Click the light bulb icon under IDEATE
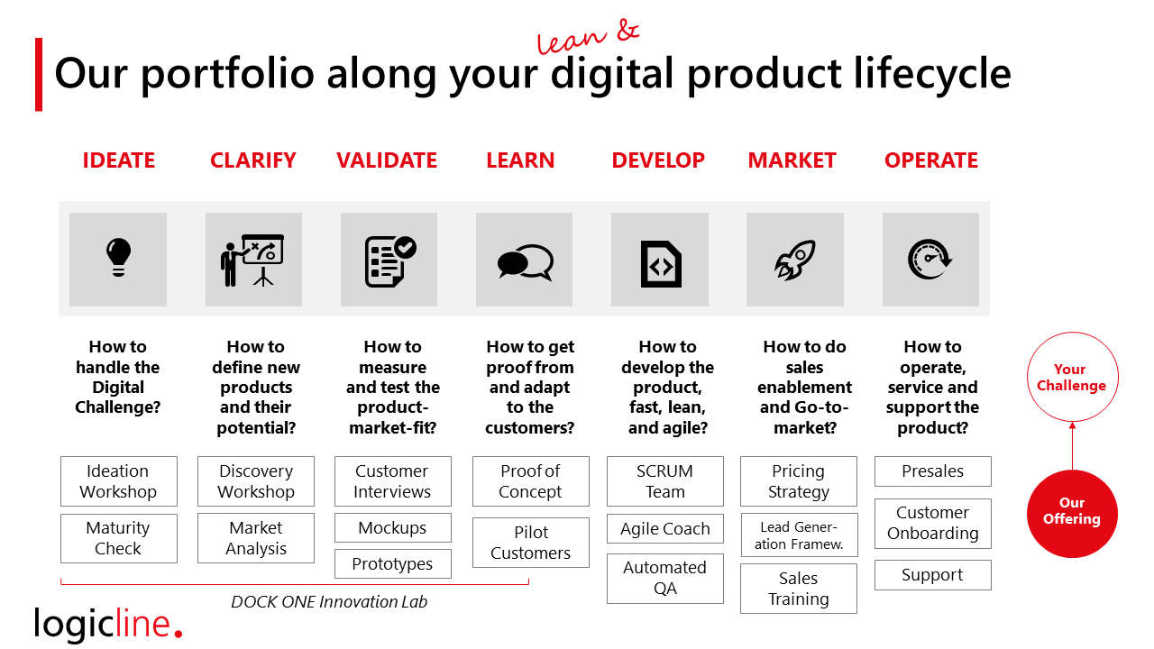118,257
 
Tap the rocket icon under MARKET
795,260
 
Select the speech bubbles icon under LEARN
525,262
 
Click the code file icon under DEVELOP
661,264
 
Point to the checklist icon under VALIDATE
390,261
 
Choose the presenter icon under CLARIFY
252,261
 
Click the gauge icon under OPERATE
930,259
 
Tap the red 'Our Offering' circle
1072,514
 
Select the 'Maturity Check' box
118,538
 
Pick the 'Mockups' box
392,528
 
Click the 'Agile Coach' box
665,528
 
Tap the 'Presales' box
932,471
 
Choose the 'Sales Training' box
799,589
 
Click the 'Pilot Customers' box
531,543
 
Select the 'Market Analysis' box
256,538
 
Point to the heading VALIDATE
387,160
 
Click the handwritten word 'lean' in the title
571,41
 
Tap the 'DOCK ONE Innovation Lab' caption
329,601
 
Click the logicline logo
108,623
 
